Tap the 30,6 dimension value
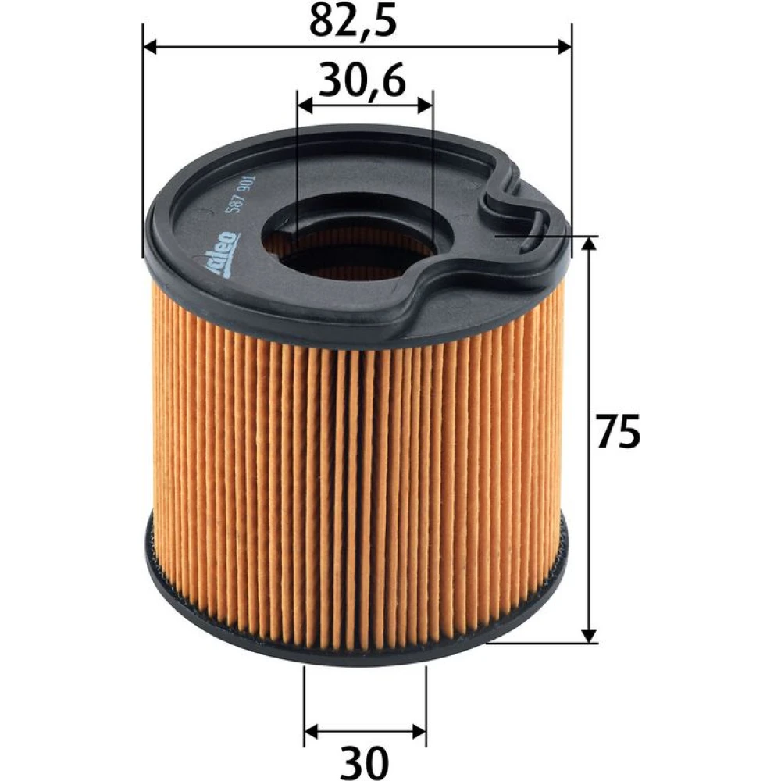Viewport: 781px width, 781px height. [x=362, y=79]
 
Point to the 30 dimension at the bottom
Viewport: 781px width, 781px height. [x=366, y=760]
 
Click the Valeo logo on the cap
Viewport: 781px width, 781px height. [x=223, y=254]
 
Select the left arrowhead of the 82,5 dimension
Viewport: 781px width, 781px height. [x=150, y=48]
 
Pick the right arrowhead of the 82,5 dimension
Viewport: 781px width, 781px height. [x=565, y=48]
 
